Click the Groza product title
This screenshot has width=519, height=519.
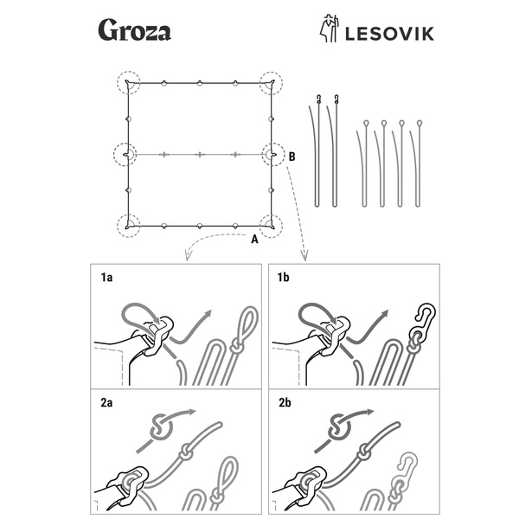(x=134, y=31)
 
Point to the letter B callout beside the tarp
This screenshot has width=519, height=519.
(x=293, y=157)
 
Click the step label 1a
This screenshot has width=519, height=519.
(x=107, y=278)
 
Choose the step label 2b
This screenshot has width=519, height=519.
(x=285, y=402)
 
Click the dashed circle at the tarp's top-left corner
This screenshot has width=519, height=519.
(x=129, y=82)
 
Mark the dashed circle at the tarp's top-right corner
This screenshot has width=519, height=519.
(x=271, y=82)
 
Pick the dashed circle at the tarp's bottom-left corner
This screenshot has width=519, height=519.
(x=129, y=226)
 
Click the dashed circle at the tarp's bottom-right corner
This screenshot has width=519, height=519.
(x=271, y=226)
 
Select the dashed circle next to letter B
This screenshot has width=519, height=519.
(x=273, y=155)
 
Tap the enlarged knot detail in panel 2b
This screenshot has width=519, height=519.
(x=339, y=426)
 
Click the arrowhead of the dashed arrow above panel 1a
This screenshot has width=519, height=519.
(x=185, y=257)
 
